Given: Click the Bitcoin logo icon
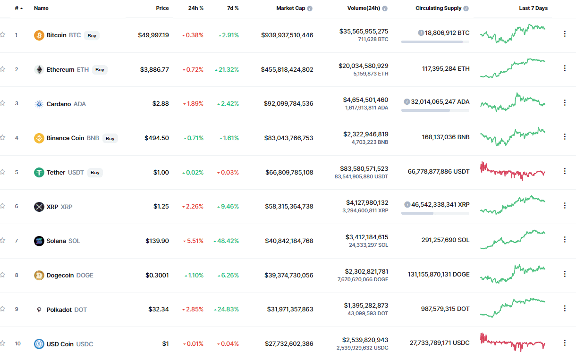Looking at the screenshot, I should click(x=39, y=35).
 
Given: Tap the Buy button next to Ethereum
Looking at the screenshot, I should click(x=100, y=70).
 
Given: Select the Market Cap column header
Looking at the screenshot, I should click(x=291, y=8).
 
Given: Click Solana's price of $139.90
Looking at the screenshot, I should click(x=157, y=241).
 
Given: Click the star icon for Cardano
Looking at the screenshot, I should click(x=3, y=103).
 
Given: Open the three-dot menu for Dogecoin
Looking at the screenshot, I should click(x=564, y=274).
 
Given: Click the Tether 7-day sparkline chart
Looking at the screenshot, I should click(x=512, y=171).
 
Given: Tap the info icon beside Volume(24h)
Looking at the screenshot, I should click(x=385, y=8).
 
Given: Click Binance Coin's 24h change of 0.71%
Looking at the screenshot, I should click(x=194, y=138).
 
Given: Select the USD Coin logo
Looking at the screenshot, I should click(x=39, y=344).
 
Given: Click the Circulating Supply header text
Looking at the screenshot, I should click(x=439, y=8).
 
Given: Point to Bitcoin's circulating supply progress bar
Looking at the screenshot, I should click(x=435, y=42).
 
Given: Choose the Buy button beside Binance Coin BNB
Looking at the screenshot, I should click(x=110, y=139).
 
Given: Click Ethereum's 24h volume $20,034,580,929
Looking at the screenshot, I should click(x=364, y=66).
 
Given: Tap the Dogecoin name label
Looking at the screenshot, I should click(x=60, y=276).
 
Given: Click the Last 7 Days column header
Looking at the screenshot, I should click(x=533, y=8).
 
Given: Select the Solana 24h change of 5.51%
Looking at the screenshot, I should click(x=194, y=241).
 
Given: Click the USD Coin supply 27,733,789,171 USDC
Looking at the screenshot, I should click(x=440, y=343).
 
